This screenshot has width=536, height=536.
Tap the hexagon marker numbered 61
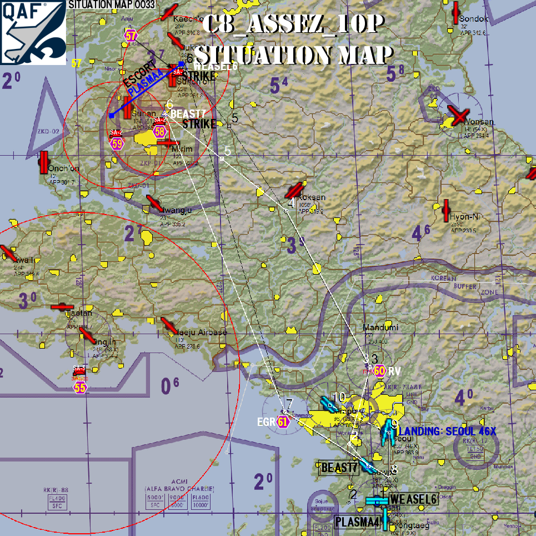point(283,421)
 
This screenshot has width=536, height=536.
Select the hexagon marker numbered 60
point(379,371)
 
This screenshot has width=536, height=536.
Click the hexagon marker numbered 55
point(81,388)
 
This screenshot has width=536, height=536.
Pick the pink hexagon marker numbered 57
point(131,36)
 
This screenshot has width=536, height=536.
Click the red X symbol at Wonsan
point(458,116)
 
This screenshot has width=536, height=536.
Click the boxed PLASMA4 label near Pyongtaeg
point(358,522)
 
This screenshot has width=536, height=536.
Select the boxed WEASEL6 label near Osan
point(413,499)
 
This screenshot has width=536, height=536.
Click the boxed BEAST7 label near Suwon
point(339,468)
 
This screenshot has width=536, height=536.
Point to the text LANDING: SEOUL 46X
point(447,431)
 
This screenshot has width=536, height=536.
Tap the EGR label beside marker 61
point(267,421)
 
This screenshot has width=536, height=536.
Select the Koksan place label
point(312,197)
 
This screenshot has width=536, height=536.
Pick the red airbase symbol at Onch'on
point(44,162)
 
